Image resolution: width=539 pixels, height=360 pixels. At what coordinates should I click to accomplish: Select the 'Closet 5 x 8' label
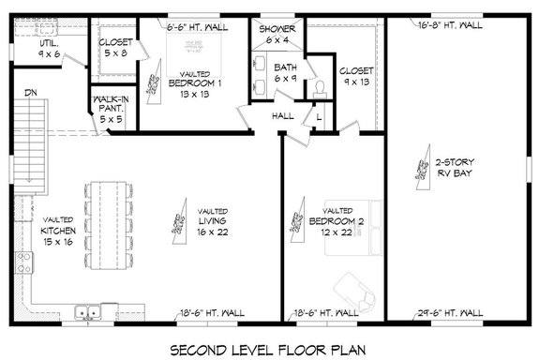coord(116,48)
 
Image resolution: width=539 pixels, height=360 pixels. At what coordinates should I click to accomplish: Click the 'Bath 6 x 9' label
coord(285,74)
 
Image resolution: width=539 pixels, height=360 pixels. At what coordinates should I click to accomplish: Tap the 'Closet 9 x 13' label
coord(357,77)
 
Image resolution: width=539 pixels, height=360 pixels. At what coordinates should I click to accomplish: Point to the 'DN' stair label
coord(32,93)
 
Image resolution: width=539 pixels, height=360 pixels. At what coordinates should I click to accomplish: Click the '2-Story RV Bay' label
coord(454,167)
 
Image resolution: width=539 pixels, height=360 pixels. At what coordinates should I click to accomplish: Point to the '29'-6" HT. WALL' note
coord(448,312)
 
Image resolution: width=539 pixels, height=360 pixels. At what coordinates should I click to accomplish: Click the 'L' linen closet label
coord(320,116)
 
